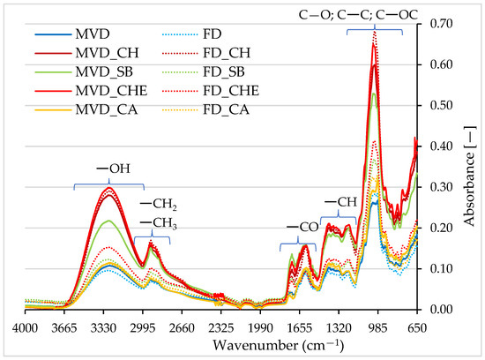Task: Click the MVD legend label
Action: (x=93, y=34)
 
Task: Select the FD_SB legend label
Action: (x=224, y=72)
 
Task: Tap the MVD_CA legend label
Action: (x=107, y=110)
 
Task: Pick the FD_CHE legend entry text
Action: (x=231, y=91)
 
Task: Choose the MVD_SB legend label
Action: (x=104, y=72)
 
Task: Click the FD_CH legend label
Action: (x=227, y=53)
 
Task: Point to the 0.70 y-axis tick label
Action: (x=441, y=24)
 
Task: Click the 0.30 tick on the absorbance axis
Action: (x=441, y=187)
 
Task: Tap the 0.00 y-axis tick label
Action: (x=441, y=309)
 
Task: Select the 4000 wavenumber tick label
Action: (x=25, y=327)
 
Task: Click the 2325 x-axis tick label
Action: (x=220, y=327)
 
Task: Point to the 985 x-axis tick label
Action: (x=378, y=327)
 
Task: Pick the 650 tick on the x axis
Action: (x=417, y=327)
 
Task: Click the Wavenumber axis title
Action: (x=278, y=345)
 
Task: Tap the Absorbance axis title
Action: (x=469, y=176)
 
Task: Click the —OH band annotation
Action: (x=113, y=169)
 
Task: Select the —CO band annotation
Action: (x=302, y=227)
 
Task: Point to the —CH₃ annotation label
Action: (x=159, y=223)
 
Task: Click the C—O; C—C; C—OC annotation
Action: (x=358, y=14)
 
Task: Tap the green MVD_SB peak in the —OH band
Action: (x=108, y=221)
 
